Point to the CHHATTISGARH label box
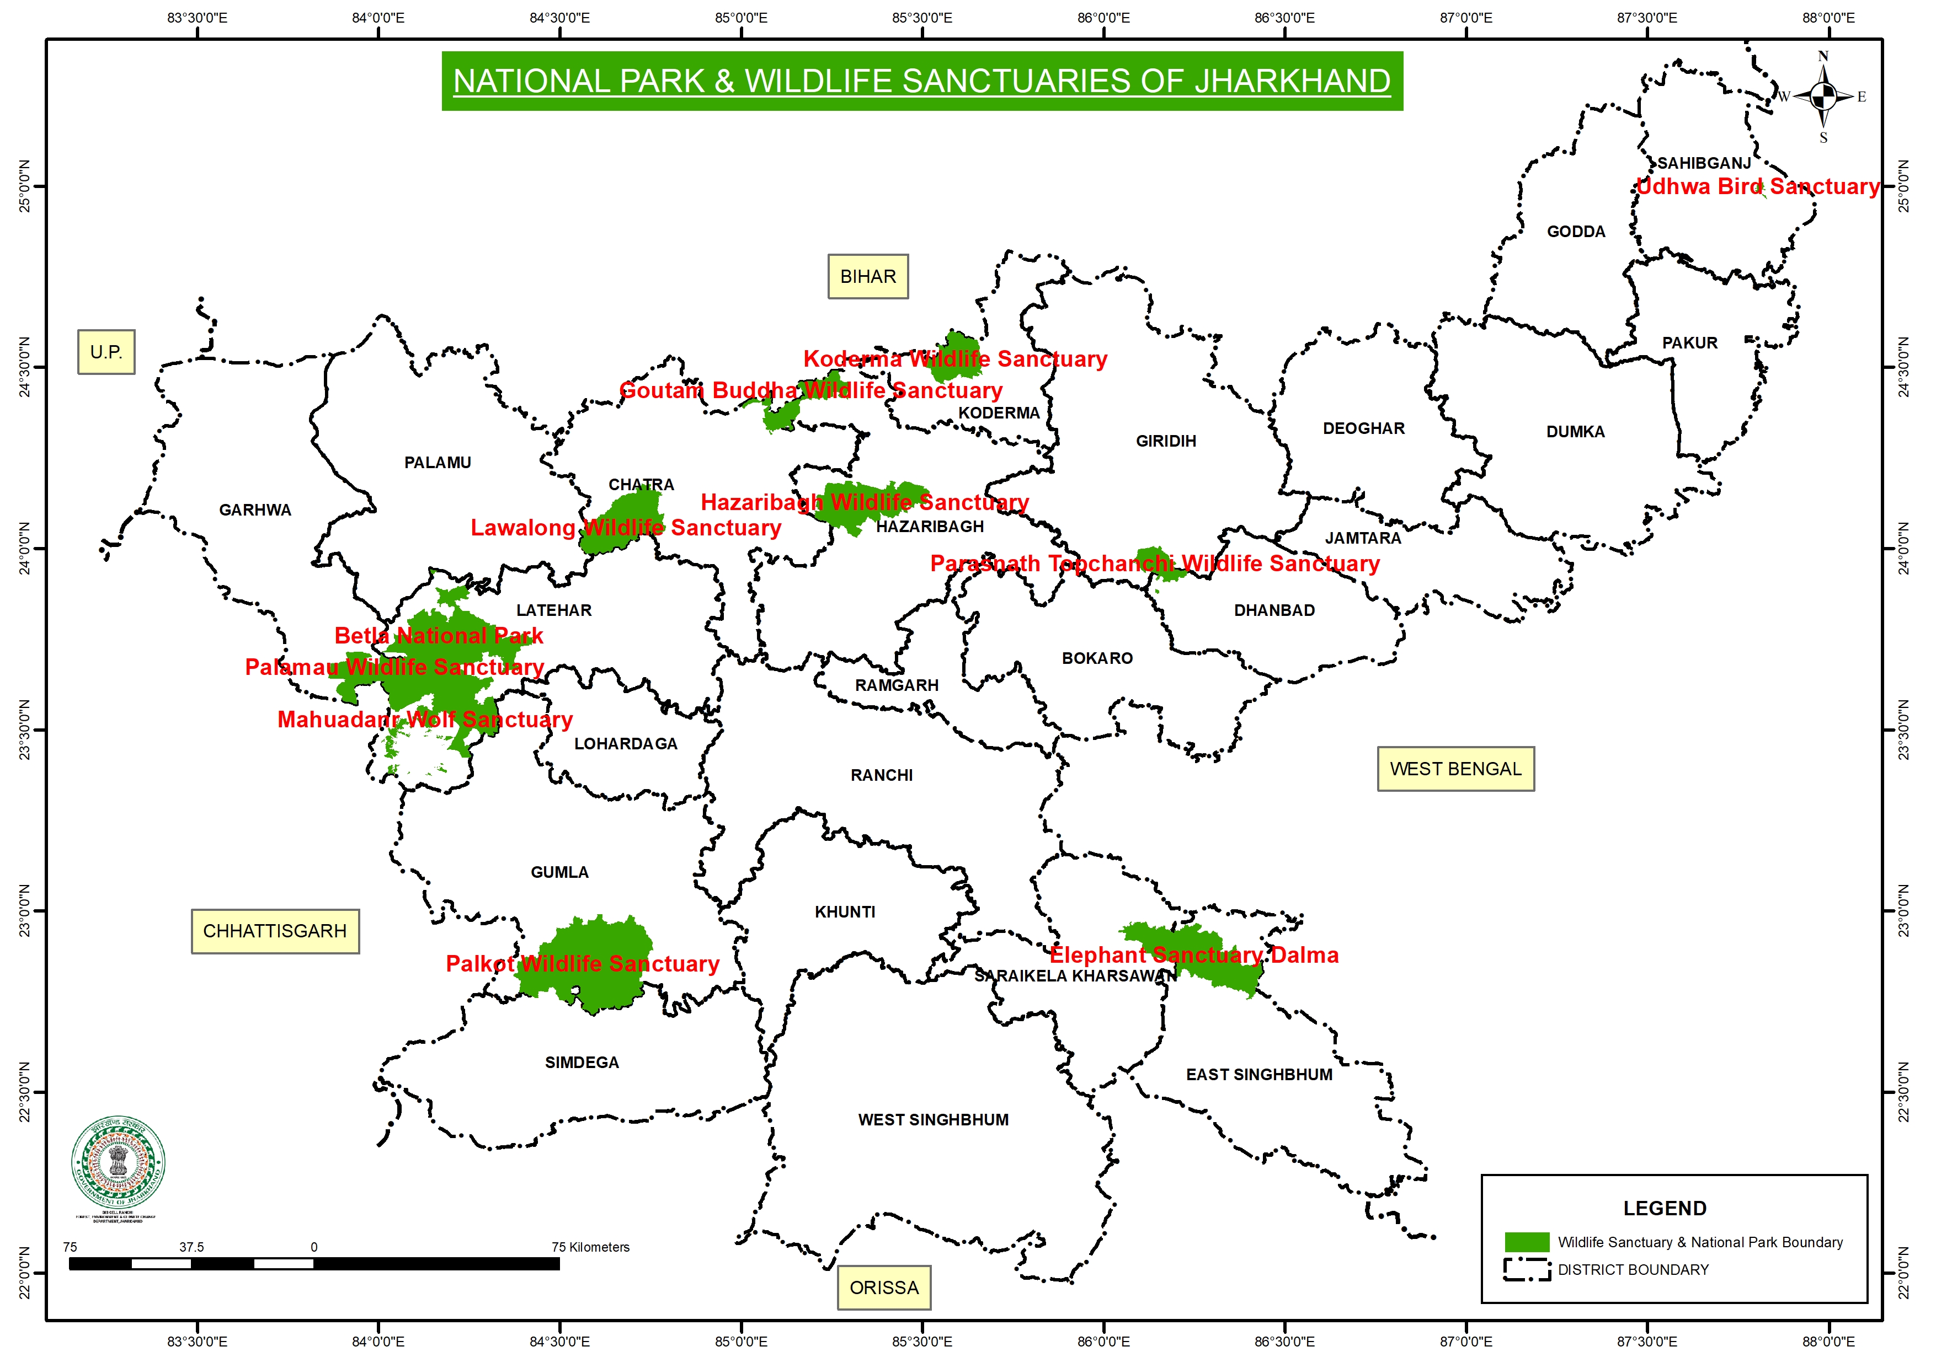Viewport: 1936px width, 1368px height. click(274, 931)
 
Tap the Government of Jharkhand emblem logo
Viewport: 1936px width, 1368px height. click(118, 1163)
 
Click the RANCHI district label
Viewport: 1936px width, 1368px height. click(881, 775)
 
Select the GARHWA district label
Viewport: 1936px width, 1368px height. click(255, 510)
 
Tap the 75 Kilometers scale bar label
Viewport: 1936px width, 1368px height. click(590, 1247)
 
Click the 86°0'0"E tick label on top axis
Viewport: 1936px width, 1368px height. click(1103, 18)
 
